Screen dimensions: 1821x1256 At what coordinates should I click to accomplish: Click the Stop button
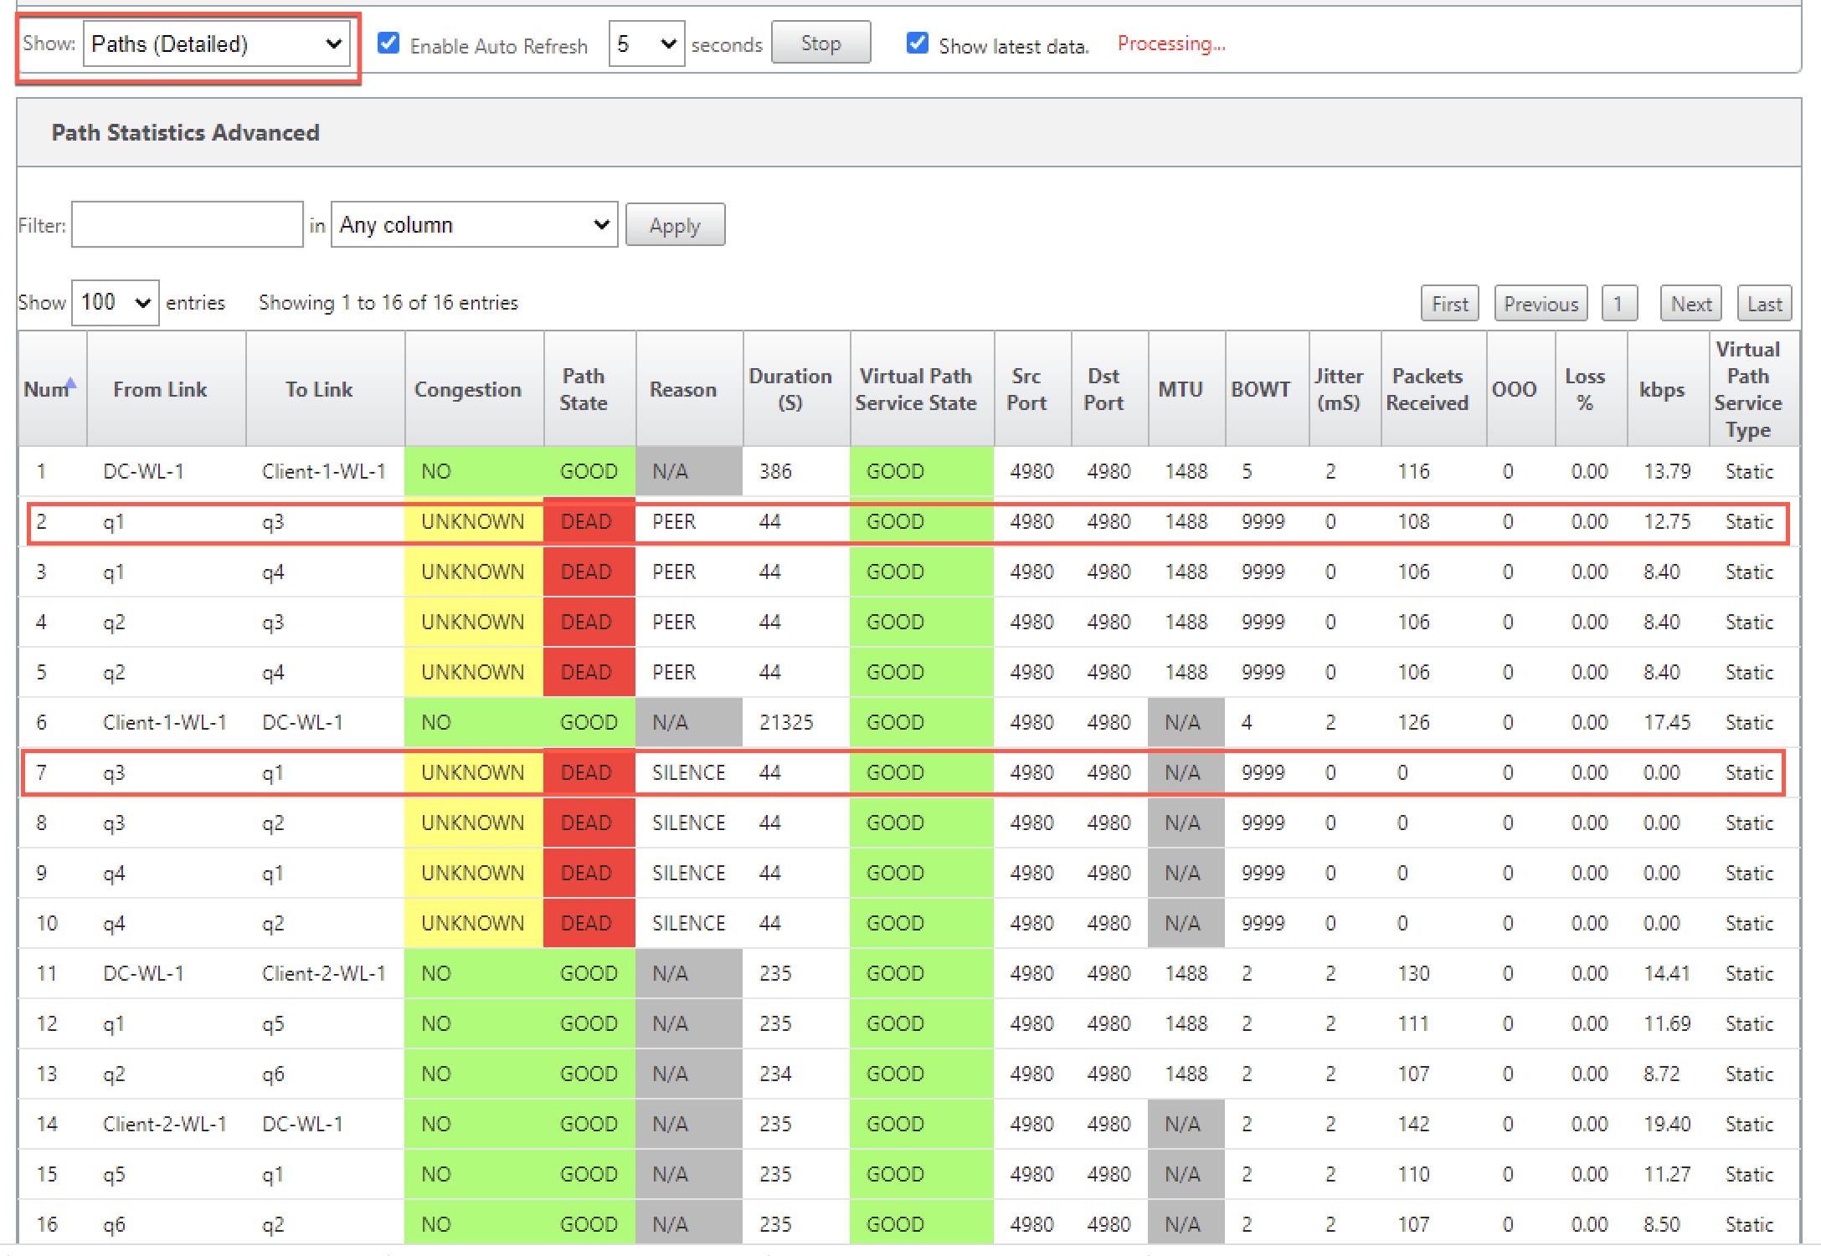[820, 44]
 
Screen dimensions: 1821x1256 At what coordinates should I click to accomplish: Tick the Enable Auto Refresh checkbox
[388, 43]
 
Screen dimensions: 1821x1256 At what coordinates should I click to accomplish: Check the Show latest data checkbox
[918, 43]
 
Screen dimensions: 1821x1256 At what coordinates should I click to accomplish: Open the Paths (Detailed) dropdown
[216, 44]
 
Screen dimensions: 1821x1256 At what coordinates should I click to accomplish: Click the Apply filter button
[675, 225]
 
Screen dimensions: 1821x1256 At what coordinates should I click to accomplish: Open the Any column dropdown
[474, 224]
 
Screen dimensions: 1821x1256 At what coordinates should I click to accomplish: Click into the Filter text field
[187, 224]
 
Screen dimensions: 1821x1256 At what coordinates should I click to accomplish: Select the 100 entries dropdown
[116, 302]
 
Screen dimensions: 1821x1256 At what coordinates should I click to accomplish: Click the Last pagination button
[1764, 304]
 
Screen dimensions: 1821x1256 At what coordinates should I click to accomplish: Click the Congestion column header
[467, 389]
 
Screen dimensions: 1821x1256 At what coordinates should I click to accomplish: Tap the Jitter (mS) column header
[1338, 389]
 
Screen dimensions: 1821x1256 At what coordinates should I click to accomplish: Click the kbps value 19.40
[1667, 1124]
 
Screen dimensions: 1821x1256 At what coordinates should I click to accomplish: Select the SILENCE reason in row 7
[688, 772]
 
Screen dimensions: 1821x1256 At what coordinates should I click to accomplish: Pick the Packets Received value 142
[1413, 1124]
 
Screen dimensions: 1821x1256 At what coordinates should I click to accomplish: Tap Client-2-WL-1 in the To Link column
[323, 973]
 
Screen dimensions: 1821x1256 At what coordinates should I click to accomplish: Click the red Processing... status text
[1171, 44]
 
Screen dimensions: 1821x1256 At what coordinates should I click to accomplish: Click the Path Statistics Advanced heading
[186, 132]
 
